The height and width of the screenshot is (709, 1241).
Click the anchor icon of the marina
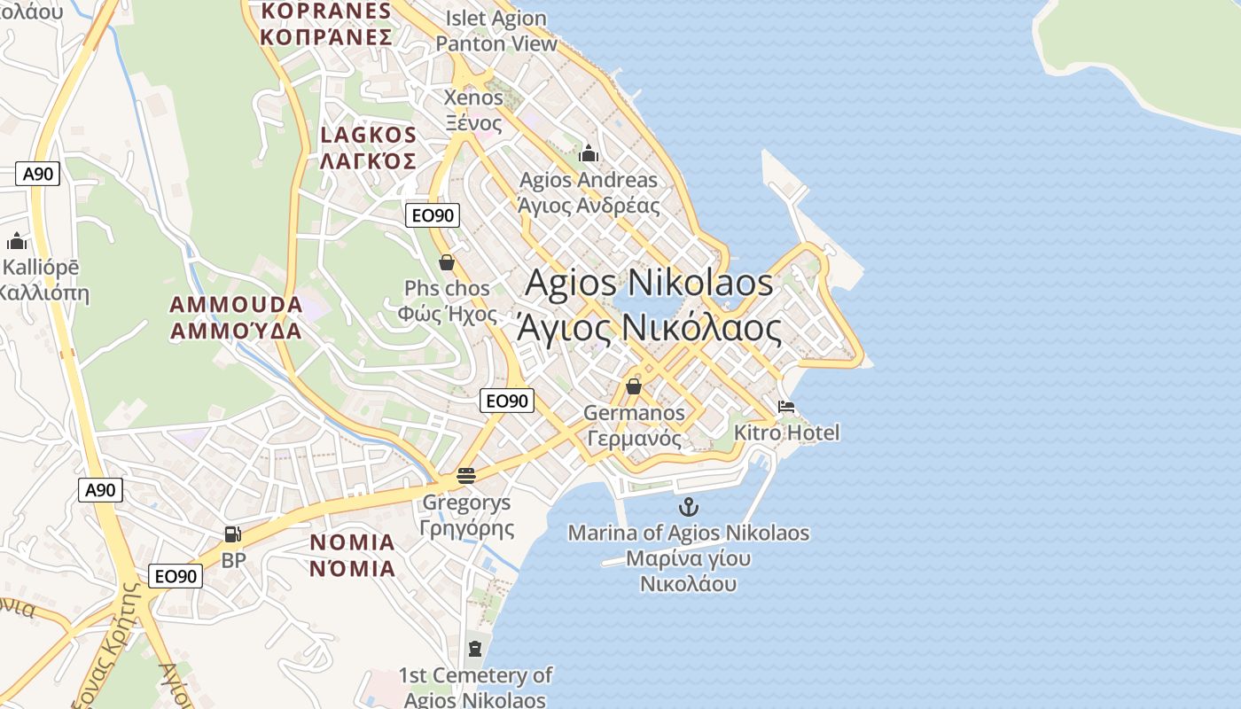point(688,507)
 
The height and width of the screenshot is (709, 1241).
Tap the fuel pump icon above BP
point(232,534)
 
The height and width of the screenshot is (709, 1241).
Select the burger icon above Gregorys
point(466,476)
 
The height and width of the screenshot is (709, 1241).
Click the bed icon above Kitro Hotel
point(785,408)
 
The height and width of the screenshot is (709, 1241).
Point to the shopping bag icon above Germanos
point(633,386)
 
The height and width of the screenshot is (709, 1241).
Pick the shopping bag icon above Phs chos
point(447,262)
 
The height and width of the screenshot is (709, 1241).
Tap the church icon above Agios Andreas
point(589,154)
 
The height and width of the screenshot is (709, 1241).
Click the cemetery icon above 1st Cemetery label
point(475,648)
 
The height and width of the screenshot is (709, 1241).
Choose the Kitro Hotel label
point(786,433)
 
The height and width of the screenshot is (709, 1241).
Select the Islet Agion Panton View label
point(496,31)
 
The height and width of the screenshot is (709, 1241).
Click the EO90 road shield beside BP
point(175,576)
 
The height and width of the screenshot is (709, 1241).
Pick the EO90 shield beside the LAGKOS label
point(433,214)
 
